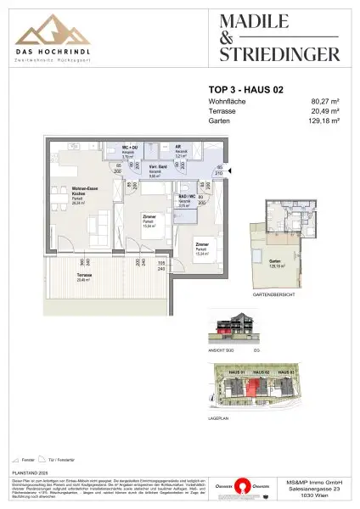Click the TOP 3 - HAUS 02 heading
(x=245, y=87)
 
